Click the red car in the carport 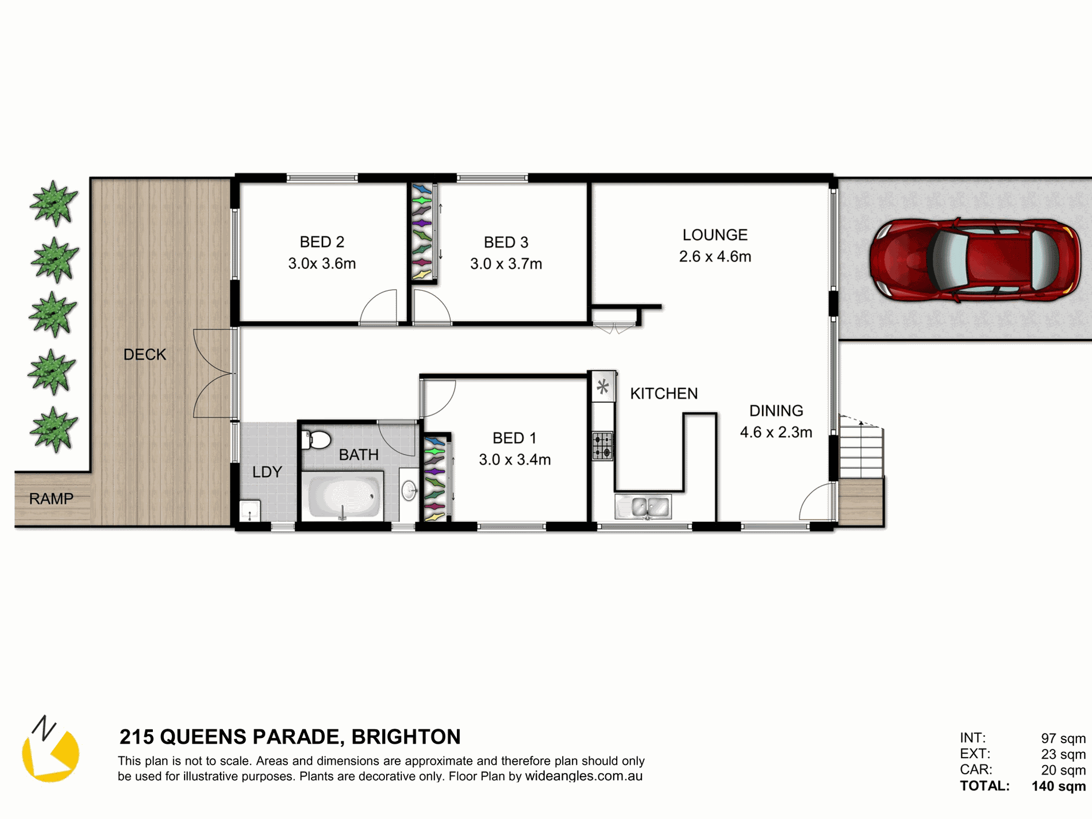click(975, 260)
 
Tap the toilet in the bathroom click(317, 440)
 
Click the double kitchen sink click(643, 507)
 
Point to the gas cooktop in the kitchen click(603, 446)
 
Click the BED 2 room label click(322, 242)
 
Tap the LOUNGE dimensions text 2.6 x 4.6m click(715, 256)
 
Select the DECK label click(145, 355)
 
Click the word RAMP click(51, 499)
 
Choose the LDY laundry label click(267, 472)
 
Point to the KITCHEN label click(664, 394)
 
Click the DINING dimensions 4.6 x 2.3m click(776, 432)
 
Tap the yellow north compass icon click(50, 750)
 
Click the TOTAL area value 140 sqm click(1059, 786)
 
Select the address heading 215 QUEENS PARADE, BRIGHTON click(290, 737)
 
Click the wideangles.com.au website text click(583, 776)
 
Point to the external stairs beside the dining click(861, 447)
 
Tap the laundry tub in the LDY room click(250, 511)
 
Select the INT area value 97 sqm click(1063, 739)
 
